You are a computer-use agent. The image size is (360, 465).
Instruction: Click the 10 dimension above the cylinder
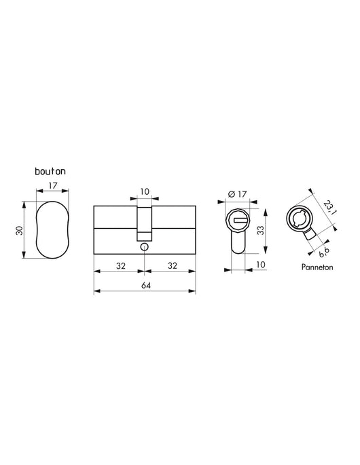pyautogui.click(x=144, y=192)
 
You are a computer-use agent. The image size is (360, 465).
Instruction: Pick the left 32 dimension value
pyautogui.click(x=120, y=265)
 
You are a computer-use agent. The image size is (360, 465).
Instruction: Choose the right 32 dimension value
pyautogui.click(x=173, y=265)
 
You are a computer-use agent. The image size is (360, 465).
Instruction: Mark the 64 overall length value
pyautogui.click(x=145, y=285)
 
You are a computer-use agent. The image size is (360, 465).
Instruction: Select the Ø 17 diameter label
pyautogui.click(x=237, y=194)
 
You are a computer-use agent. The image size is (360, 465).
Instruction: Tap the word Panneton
pyautogui.click(x=317, y=267)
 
